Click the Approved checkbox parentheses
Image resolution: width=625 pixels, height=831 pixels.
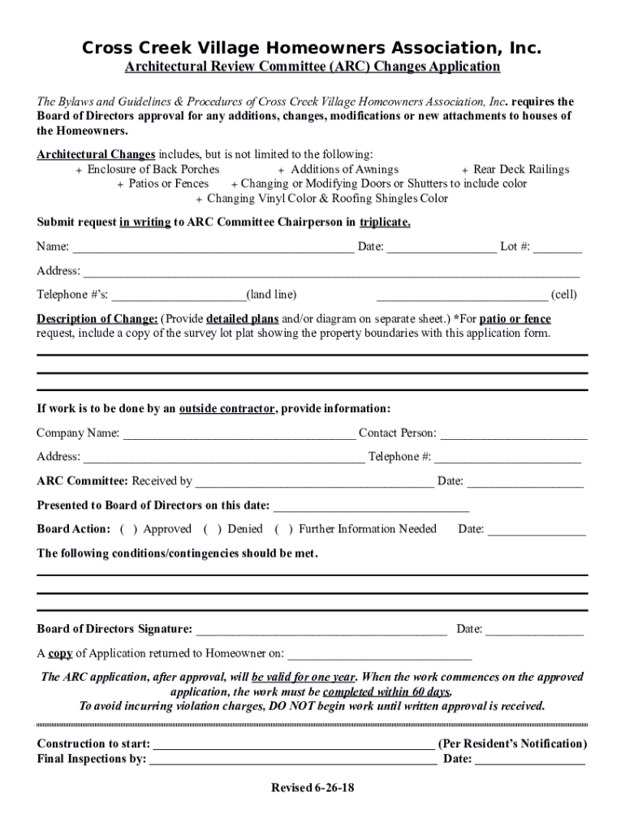pos(127,530)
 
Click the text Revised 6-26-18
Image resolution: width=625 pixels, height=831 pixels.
pos(312,789)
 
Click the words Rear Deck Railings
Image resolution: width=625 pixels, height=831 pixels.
pos(521,170)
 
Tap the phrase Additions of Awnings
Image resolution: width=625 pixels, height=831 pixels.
pos(344,170)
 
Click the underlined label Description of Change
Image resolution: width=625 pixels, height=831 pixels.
pos(97,319)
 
